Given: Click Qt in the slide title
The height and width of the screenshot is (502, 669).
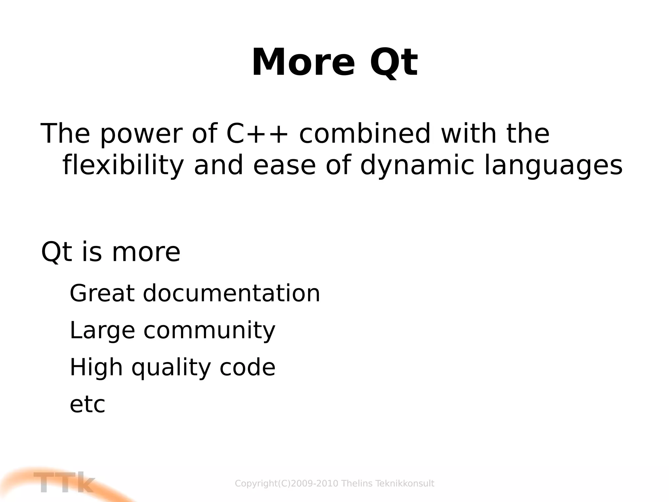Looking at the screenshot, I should [x=393, y=62].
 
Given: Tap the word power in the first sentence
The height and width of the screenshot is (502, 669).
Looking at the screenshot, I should [x=141, y=134].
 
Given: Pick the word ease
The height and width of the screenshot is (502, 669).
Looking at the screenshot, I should [x=284, y=165].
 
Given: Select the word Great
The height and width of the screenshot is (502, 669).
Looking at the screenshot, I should [x=102, y=293].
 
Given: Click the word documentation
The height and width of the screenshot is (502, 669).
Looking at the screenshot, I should [x=231, y=293].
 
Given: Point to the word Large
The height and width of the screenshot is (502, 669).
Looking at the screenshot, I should [x=102, y=330].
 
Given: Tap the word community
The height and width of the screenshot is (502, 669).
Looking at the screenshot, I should [x=209, y=330].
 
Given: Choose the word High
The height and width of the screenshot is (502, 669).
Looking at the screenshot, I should [x=96, y=367].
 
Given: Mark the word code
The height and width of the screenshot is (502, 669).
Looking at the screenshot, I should [x=247, y=367].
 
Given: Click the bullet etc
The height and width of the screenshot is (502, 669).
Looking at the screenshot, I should [x=87, y=405].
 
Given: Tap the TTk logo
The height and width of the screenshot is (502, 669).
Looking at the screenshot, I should [x=64, y=483].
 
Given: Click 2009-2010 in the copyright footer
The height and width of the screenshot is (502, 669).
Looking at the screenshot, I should [x=314, y=483].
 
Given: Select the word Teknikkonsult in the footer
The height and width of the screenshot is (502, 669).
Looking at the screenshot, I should [x=405, y=483].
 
